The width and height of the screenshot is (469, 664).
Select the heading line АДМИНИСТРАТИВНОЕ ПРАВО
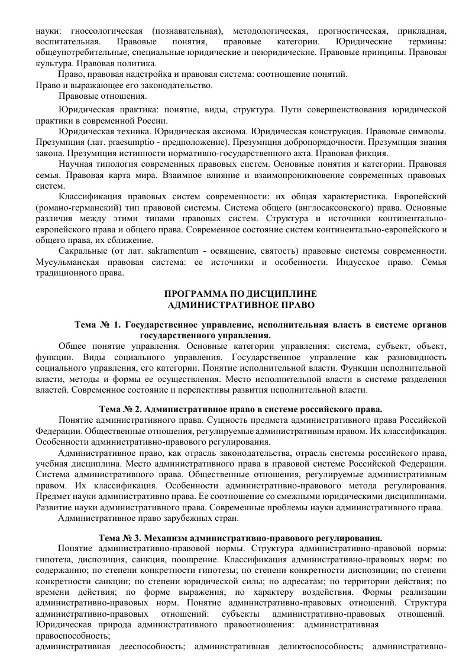tap(241, 305)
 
